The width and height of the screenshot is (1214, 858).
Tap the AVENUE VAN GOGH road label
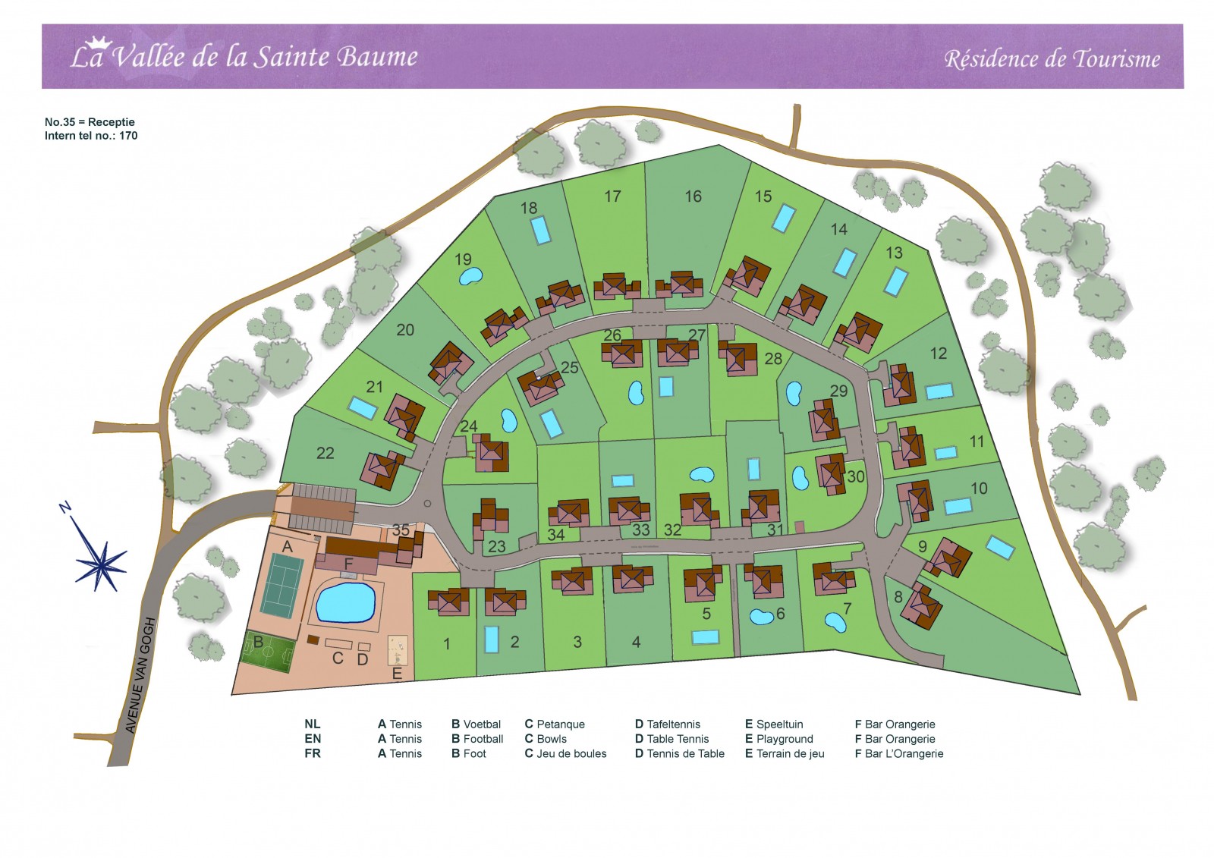point(140,676)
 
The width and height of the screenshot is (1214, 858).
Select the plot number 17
point(612,196)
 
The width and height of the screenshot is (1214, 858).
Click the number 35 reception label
point(401,530)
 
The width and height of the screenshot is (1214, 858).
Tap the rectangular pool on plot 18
point(540,230)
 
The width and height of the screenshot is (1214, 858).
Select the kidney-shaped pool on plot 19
point(470,276)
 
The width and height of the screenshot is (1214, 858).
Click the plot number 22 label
point(326,453)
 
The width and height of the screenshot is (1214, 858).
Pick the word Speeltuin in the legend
point(779,724)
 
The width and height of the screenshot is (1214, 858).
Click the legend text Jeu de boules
point(571,753)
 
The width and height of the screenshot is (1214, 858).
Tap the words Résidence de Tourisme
point(1052,59)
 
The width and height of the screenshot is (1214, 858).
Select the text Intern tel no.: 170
point(91,136)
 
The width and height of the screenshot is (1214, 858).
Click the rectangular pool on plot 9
point(1000,548)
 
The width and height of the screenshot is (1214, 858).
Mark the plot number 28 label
point(773,358)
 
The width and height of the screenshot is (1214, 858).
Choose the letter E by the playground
point(397,674)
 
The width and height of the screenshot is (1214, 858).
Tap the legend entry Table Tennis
point(678,740)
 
